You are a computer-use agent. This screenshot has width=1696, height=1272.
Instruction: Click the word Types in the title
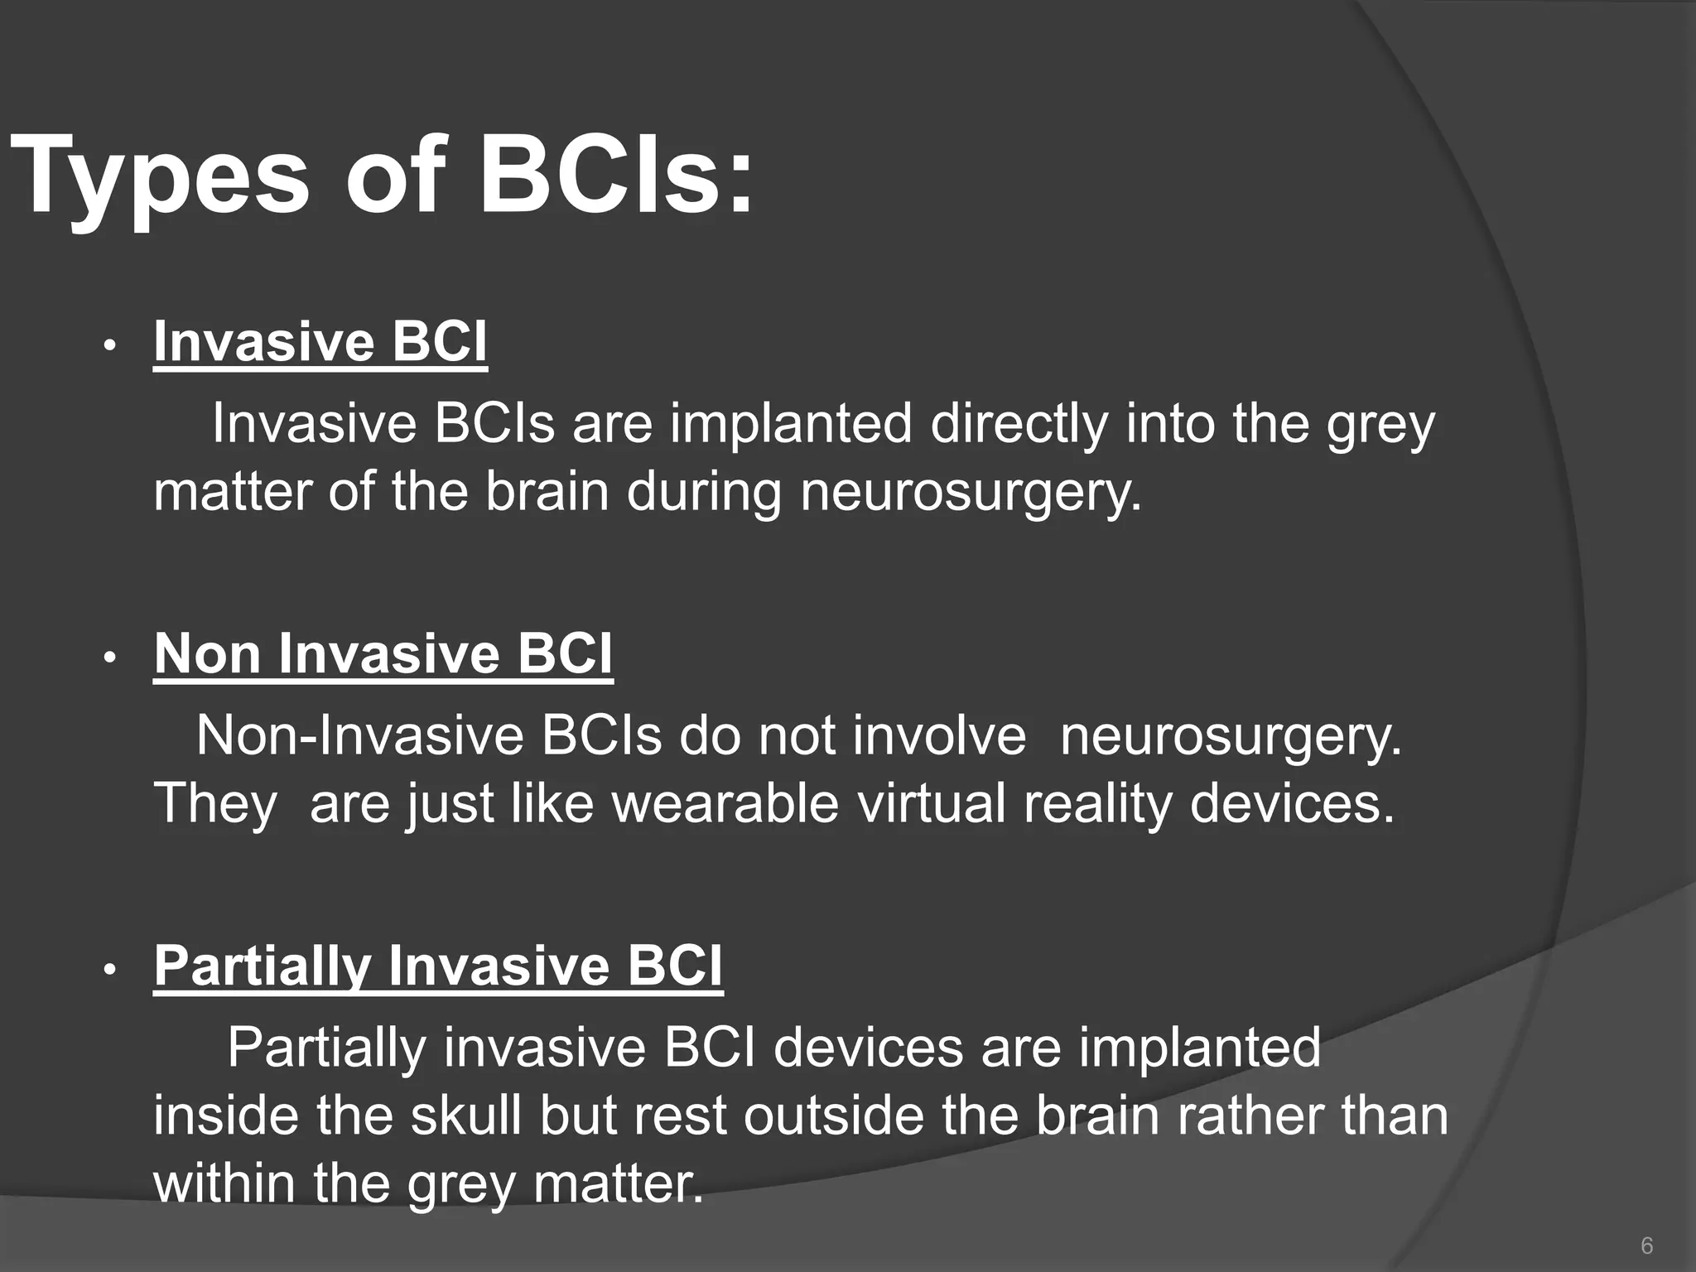(x=157, y=178)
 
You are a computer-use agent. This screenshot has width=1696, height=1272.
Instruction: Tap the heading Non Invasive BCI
(x=383, y=653)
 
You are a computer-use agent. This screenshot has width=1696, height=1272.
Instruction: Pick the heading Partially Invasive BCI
(x=438, y=966)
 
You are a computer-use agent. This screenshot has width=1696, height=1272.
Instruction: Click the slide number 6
(x=1646, y=1245)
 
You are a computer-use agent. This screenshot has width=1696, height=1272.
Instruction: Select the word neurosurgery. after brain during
(x=971, y=492)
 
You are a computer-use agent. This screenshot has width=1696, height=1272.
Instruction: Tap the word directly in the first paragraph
(x=1019, y=424)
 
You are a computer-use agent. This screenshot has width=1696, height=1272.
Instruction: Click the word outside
(x=833, y=1115)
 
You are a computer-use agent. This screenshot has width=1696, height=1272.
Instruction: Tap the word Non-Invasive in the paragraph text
(x=359, y=735)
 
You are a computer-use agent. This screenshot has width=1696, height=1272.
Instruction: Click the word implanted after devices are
(x=1200, y=1048)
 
